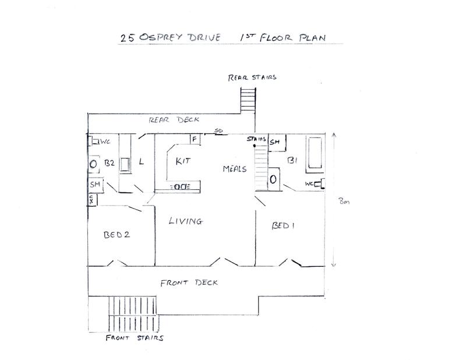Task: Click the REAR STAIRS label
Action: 252,77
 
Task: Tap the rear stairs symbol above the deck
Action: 248,100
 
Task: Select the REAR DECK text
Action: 174,120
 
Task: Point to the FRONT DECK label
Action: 189,283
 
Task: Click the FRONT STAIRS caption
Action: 135,338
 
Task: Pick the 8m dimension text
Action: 344,201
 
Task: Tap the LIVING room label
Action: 186,221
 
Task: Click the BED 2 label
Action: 117,235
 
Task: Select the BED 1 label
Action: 283,225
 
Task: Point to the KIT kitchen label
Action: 183,161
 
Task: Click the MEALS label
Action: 235,169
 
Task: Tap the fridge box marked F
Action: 195,139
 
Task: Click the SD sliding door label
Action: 219,130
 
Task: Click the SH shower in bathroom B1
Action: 277,142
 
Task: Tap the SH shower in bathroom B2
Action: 96,185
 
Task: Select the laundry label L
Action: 142,162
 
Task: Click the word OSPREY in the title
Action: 160,37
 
